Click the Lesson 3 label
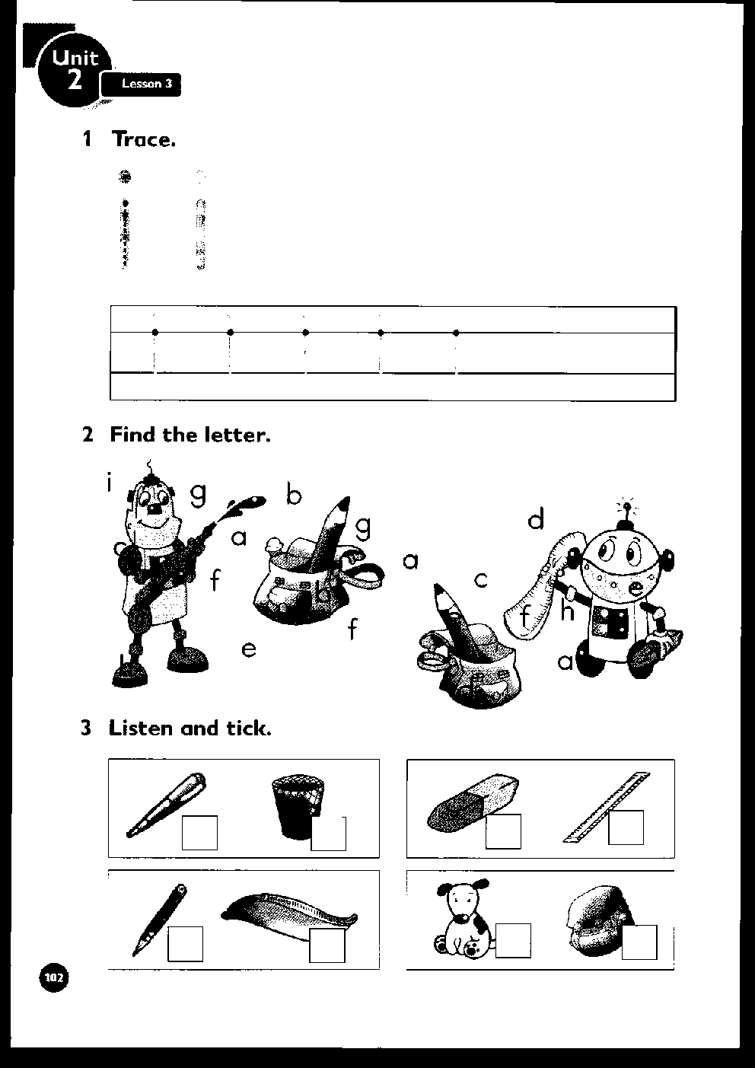142,84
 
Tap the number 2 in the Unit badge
74,81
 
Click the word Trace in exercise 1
143,139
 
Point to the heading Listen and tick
190,728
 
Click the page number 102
54,977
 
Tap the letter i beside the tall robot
110,483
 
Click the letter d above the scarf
536,520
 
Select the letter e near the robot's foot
249,649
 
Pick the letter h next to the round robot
567,611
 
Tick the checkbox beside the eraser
503,831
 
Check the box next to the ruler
626,828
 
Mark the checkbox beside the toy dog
512,940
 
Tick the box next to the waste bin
329,833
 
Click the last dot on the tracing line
456,333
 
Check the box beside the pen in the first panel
199,833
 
